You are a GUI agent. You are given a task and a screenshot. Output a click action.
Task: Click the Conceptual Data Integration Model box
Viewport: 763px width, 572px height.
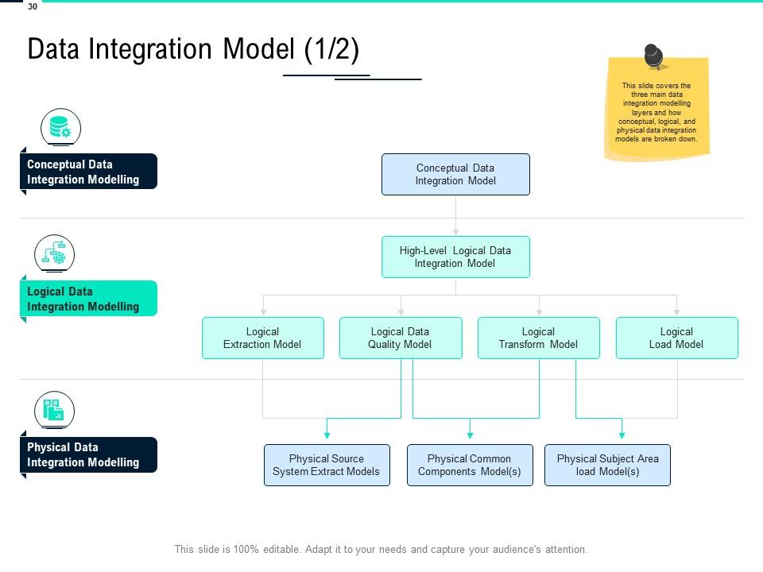click(x=455, y=174)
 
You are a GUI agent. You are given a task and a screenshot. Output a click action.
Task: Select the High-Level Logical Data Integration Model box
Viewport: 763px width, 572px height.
click(x=455, y=257)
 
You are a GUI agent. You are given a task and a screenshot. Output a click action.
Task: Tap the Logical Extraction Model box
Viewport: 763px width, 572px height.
click(x=263, y=338)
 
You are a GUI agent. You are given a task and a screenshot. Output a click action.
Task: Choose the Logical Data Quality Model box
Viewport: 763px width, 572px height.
click(x=401, y=338)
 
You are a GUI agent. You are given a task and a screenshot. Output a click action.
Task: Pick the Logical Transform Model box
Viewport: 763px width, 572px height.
click(x=538, y=338)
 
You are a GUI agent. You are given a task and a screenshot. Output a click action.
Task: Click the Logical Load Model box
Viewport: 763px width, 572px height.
click(x=676, y=338)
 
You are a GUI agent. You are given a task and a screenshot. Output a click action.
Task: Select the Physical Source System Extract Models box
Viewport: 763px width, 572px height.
click(x=327, y=465)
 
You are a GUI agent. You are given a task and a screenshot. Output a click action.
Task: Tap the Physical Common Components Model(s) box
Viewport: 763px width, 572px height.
click(x=470, y=465)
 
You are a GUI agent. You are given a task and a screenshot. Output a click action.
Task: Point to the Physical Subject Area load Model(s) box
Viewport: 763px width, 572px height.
click(x=607, y=465)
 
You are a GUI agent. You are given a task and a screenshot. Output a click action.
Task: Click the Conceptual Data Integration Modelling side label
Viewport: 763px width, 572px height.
click(x=88, y=172)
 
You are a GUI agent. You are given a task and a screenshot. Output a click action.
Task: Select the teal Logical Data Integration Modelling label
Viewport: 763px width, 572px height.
click(x=88, y=299)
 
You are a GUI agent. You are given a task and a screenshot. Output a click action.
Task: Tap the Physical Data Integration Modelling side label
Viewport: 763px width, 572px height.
click(x=88, y=454)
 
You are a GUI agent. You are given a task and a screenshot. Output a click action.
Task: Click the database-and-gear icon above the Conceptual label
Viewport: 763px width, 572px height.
click(x=60, y=127)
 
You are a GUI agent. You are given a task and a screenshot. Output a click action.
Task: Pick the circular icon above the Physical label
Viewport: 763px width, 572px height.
click(x=54, y=411)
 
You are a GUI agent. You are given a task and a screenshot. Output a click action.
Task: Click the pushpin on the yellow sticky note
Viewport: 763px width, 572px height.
click(x=655, y=56)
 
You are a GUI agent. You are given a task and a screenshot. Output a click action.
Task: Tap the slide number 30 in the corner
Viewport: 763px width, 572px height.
click(x=32, y=6)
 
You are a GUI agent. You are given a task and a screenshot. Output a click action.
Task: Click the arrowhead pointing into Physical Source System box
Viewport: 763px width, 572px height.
click(x=327, y=435)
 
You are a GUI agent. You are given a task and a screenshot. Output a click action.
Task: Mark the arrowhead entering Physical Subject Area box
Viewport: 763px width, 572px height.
click(x=622, y=435)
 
